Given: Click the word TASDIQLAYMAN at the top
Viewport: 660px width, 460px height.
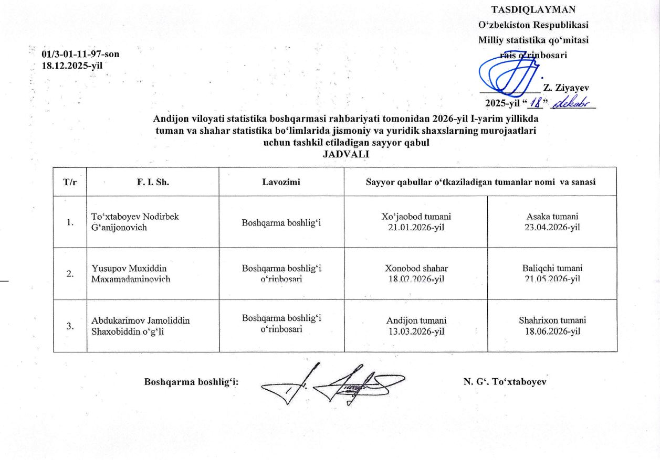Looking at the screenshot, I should [x=533, y=10].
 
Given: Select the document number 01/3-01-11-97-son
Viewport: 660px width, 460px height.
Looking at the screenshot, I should [x=84, y=54].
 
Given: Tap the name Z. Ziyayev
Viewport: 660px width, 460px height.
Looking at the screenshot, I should [x=565, y=88].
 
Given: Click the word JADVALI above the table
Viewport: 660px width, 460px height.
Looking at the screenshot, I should [x=346, y=154].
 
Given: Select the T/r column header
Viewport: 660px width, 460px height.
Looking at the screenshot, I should [x=69, y=182].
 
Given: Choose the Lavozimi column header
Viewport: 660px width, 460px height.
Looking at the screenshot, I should [x=281, y=182].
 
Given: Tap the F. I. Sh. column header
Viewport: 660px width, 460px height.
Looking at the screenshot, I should [x=153, y=182].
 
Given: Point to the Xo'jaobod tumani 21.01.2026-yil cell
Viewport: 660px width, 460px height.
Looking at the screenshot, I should [x=416, y=222].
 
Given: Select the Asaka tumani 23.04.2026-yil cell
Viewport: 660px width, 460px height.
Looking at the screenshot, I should [x=551, y=222].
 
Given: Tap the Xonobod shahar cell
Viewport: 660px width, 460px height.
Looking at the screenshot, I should [x=416, y=273].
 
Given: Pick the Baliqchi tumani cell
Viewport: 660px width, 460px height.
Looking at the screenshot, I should [x=551, y=273].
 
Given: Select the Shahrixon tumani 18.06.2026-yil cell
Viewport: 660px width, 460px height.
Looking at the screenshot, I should [x=552, y=325].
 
